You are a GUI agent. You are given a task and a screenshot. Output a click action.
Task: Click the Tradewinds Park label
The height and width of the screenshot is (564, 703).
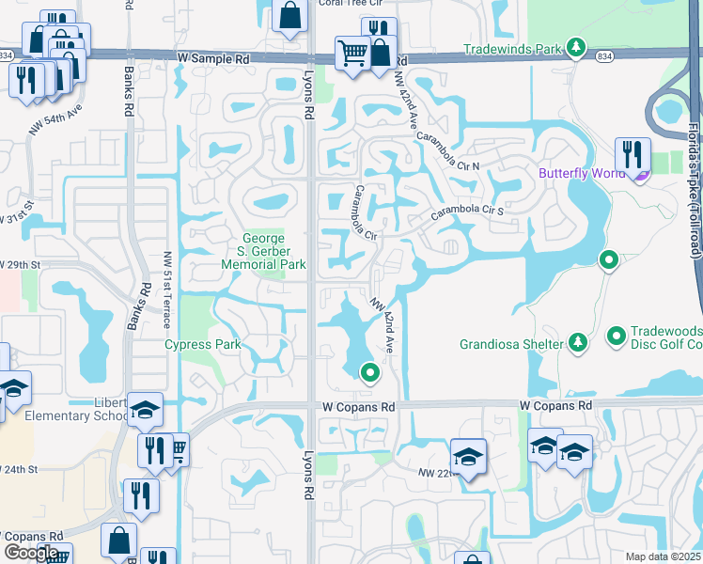pos(512,49)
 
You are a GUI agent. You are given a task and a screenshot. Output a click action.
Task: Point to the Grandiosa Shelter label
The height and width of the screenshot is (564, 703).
pos(512,344)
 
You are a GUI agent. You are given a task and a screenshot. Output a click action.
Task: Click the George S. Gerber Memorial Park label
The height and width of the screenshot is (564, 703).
pos(263,252)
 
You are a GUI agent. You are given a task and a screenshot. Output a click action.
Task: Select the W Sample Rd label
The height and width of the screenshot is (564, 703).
pos(215,57)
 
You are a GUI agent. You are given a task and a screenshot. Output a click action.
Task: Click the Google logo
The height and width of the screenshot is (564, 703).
pos(31,553)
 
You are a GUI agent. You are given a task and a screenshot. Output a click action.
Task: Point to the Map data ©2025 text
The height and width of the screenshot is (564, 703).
pos(664,556)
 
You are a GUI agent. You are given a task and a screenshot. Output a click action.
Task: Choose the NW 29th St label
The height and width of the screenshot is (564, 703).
pos(19,264)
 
